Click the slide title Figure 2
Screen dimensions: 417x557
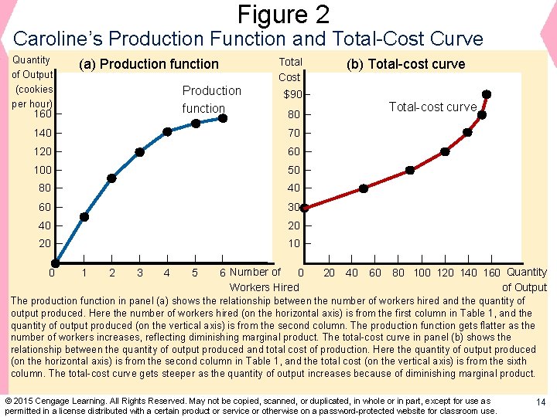(283, 14)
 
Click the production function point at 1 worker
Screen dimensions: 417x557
(84, 217)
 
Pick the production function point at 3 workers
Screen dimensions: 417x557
(139, 152)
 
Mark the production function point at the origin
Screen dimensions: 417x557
(56, 263)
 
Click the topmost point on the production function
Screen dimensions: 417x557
(223, 118)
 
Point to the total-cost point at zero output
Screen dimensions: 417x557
(304, 208)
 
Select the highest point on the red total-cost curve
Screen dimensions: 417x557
(486, 94)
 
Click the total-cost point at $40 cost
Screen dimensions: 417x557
(364, 188)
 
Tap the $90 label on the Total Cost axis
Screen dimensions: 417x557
(292, 95)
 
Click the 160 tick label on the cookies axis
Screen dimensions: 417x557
(43, 114)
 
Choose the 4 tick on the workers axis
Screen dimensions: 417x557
(167, 273)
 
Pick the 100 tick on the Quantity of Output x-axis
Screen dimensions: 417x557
(422, 273)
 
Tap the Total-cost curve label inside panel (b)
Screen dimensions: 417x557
(432, 107)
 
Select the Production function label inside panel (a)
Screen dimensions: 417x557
(210, 100)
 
